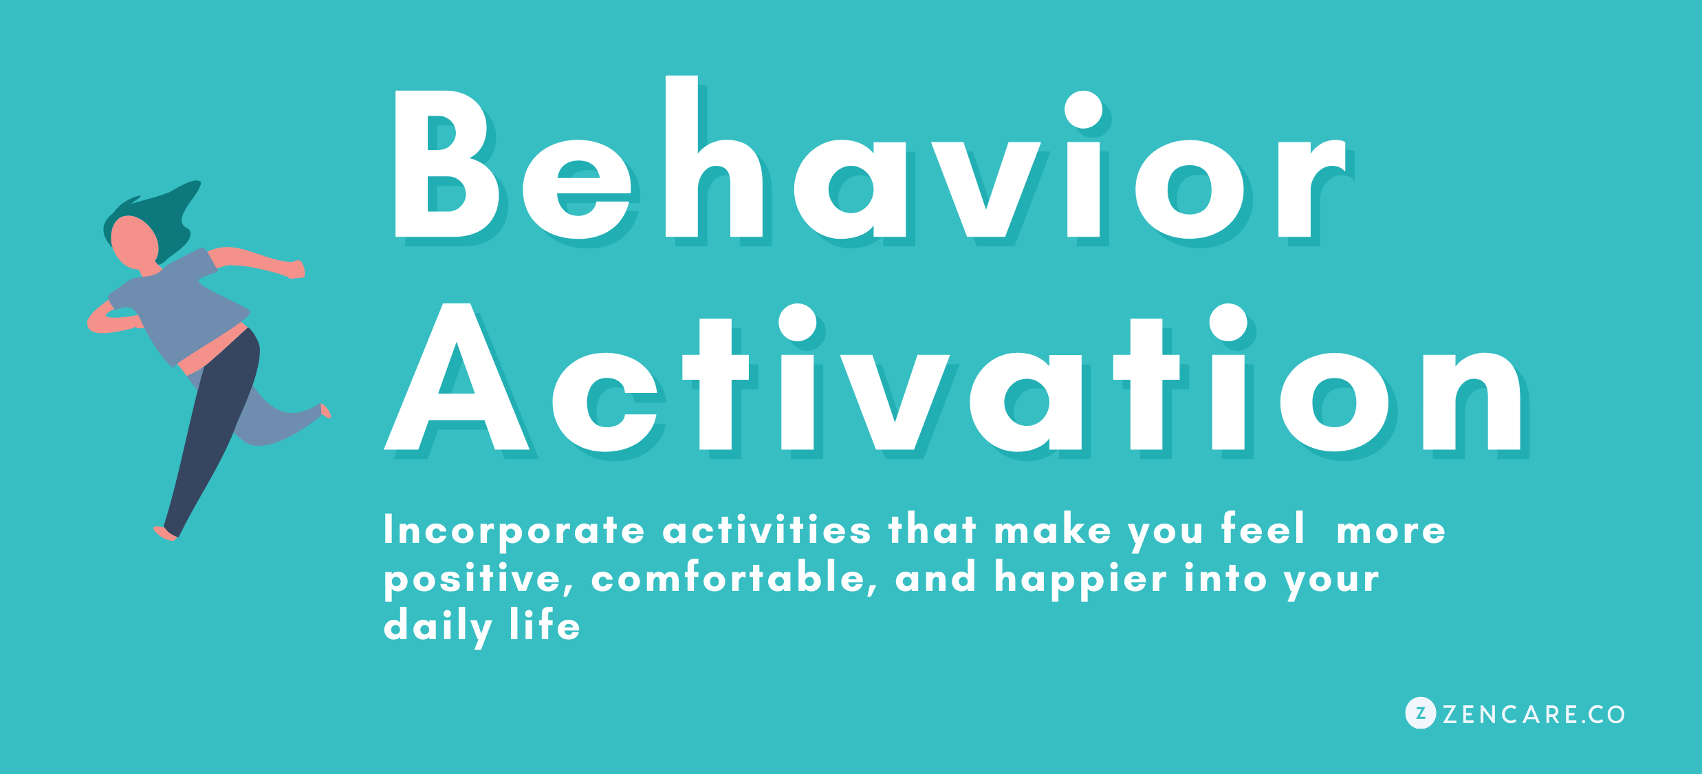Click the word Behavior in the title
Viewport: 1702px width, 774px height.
click(x=870, y=158)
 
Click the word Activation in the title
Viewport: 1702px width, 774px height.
click(x=952, y=378)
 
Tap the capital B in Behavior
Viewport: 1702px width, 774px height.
click(x=446, y=164)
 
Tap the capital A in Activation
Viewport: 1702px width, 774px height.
click(x=456, y=377)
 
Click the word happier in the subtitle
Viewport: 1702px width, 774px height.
click(x=1080, y=579)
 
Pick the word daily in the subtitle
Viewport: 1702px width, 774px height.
click(x=438, y=627)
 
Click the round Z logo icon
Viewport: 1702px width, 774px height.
click(x=1420, y=713)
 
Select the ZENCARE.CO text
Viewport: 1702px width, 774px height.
click(x=1534, y=715)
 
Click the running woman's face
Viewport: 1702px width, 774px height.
click(x=134, y=242)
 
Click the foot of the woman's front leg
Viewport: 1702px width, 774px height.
click(x=165, y=533)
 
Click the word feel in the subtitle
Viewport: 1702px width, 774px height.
click(x=1263, y=528)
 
